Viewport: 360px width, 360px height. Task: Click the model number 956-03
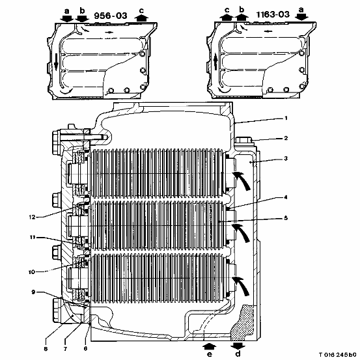tap(111, 16)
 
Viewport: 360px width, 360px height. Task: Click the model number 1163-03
tap(273, 14)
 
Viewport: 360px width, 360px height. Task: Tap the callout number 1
tap(286, 118)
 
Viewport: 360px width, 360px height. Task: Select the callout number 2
tap(286, 138)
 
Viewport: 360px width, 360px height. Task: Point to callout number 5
tap(286, 218)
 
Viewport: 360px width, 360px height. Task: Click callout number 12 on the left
tap(32, 217)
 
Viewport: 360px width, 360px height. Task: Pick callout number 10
tap(32, 272)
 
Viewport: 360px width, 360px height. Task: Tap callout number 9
tap(33, 292)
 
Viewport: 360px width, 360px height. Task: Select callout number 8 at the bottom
tap(46, 349)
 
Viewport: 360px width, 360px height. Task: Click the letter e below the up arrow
tap(210, 354)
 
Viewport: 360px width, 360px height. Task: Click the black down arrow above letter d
tap(238, 345)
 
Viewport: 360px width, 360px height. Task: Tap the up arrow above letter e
tap(210, 346)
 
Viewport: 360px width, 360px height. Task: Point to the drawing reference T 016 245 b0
tap(337, 355)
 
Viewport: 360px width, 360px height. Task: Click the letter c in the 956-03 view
tap(141, 10)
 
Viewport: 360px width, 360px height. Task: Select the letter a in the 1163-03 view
tap(301, 10)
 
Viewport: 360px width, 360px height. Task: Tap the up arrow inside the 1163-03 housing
tap(215, 62)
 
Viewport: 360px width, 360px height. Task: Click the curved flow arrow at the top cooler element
tap(242, 180)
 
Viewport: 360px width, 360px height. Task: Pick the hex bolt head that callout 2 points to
tap(244, 140)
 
